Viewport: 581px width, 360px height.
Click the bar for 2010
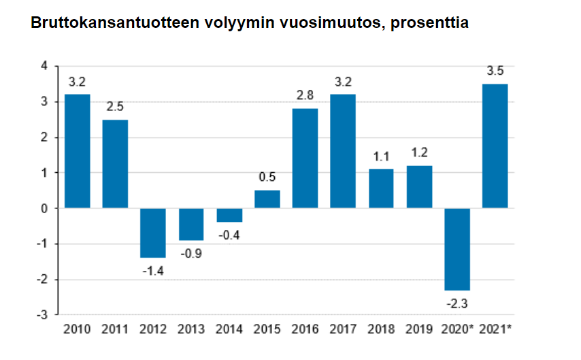coord(77,151)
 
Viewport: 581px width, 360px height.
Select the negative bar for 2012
coord(153,233)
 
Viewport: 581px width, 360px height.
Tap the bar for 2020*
coord(457,249)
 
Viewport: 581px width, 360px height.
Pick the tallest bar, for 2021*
coord(495,146)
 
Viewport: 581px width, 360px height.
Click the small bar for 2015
coord(267,199)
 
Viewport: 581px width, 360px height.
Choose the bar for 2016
coord(305,158)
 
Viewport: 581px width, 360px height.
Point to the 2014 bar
coord(229,215)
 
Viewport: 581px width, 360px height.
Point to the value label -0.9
coord(191,254)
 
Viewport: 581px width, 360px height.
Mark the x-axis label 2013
coord(191,329)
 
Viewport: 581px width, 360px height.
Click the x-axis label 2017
coord(343,329)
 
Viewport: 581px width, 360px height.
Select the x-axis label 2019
coord(419,329)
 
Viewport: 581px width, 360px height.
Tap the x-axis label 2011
coord(115,329)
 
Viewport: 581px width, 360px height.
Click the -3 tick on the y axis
coord(42,315)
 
